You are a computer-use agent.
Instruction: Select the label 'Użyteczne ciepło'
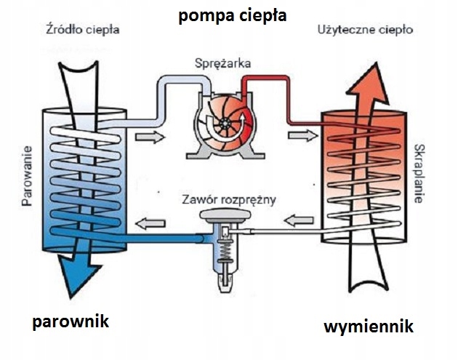pyautogui.click(x=366, y=31)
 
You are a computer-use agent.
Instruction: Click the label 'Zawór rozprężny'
pyautogui.click(x=230, y=198)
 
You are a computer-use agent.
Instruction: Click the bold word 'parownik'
pyautogui.click(x=70, y=321)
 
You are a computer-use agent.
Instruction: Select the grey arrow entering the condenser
pyautogui.click(x=303, y=136)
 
